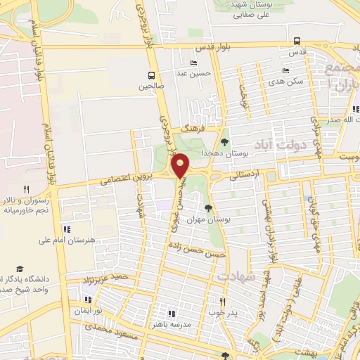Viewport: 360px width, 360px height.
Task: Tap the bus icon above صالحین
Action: [x=152, y=75]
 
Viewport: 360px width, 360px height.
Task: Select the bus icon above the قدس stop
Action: [x=297, y=41]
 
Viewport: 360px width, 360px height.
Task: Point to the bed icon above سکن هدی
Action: [x=285, y=70]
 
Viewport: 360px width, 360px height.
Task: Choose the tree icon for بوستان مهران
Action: [x=207, y=207]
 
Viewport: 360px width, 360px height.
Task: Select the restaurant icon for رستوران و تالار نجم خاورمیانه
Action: [x=26, y=189]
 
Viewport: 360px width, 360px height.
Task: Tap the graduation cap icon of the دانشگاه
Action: [x=20, y=269]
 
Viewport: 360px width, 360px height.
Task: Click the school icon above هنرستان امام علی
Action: [x=67, y=229]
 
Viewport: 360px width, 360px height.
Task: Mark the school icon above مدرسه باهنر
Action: [x=170, y=314]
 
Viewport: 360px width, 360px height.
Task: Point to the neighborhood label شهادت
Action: [x=233, y=277]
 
